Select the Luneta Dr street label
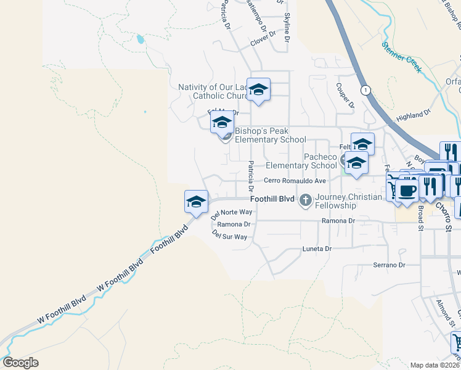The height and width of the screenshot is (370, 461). tap(317, 249)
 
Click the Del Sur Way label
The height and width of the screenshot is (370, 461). tap(229, 236)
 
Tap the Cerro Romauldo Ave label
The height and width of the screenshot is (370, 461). tap(295, 181)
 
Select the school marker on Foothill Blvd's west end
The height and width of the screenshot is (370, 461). tap(196, 202)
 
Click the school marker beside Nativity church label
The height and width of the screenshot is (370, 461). tap(258, 89)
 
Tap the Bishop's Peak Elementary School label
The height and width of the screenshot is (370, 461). tap(270, 135)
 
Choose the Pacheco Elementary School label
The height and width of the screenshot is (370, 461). tap(301, 161)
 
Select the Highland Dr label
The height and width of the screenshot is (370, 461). tap(413, 115)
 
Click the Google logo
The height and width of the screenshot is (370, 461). tap(20, 362)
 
